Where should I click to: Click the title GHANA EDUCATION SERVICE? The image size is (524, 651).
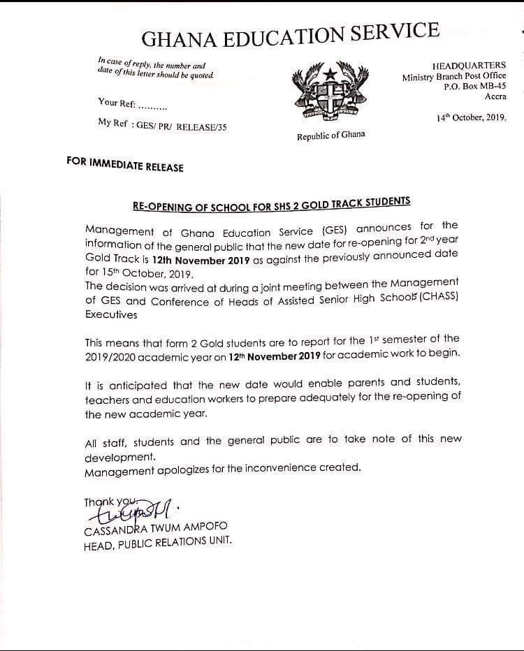[291, 35]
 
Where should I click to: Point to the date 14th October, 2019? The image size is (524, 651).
[472, 118]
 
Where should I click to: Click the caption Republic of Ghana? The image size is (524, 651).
[330, 136]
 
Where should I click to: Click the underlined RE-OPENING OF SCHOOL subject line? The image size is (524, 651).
[271, 204]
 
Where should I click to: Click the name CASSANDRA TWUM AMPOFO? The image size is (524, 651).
[155, 527]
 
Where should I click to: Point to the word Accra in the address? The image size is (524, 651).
[495, 96]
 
